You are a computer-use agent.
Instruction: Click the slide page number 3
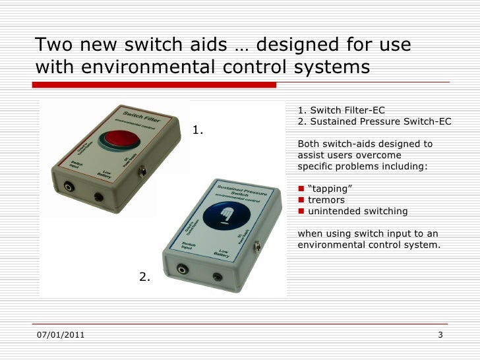coord(440,338)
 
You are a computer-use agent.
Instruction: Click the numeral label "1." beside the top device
coord(198,131)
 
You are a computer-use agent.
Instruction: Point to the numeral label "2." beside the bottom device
coord(145,277)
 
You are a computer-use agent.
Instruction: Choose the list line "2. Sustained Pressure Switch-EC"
coord(375,121)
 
